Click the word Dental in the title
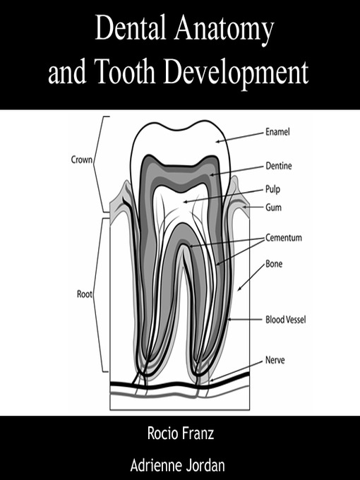pos(131,28)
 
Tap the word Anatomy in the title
pos(224,30)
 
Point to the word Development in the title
pos(236,73)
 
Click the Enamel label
pos(277,132)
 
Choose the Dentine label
pos(279,166)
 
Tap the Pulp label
pos(272,189)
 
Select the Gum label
pos(273,208)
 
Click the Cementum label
pos(284,238)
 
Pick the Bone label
pos(274,263)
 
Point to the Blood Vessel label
pos(286,320)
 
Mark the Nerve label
pos(275,360)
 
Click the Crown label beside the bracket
pos(81,160)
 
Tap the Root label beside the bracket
pos(85,294)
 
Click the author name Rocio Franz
pos(180,433)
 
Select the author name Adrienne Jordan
pos(178,465)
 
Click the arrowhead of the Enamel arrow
pos(217,141)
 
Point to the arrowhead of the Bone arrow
pos(239,289)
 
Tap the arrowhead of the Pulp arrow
pos(185,202)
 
